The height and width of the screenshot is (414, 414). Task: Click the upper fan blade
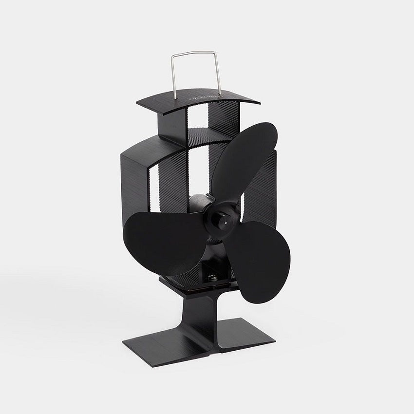tap(246, 161)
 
